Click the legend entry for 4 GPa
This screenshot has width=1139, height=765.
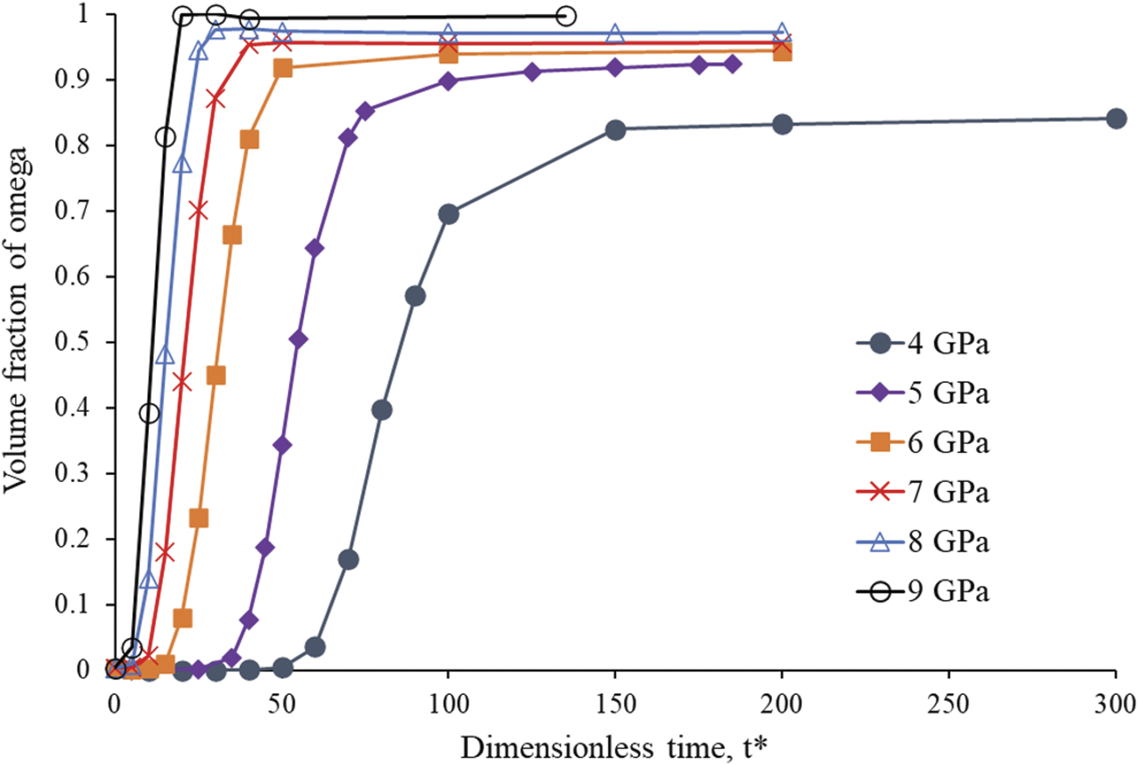click(920, 344)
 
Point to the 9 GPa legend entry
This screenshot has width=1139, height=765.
click(920, 592)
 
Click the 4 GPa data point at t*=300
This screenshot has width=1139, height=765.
click(1115, 118)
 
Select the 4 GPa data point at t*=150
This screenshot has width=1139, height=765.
click(615, 130)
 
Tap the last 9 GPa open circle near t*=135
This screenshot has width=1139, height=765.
click(566, 16)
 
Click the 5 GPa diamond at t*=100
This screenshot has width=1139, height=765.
click(449, 81)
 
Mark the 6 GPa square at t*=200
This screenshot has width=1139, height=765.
click(782, 51)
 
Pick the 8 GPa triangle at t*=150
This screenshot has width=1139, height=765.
click(615, 34)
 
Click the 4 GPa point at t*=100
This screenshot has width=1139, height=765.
click(449, 214)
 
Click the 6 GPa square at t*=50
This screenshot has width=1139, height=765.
click(282, 68)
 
